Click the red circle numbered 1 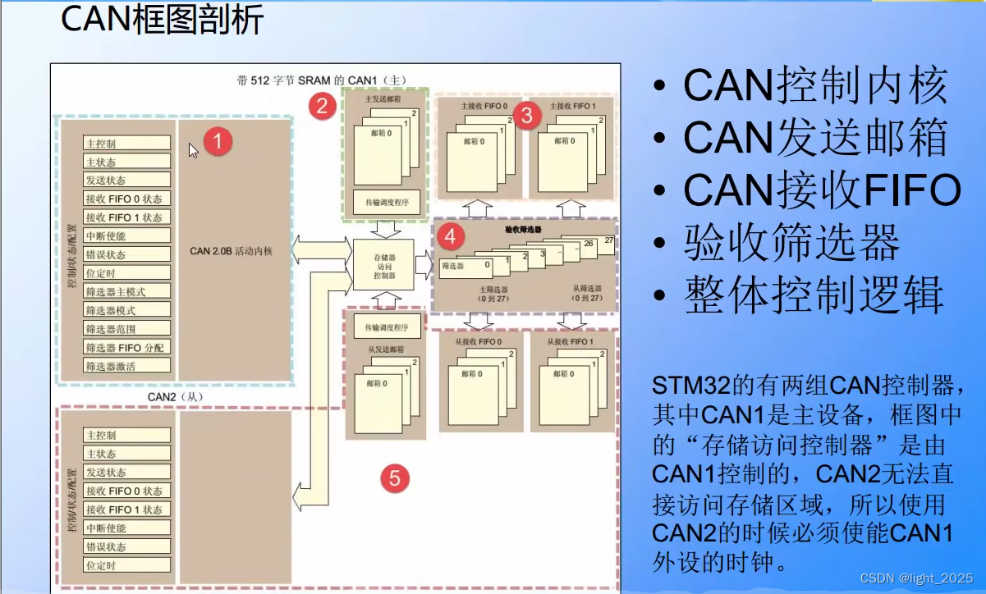pos(218,141)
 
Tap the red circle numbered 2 pos(323,104)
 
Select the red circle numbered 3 pos(527,116)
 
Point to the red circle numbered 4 pos(449,236)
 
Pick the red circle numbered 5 pos(395,477)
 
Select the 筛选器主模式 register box pos(127,291)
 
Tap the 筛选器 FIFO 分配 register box pos(127,347)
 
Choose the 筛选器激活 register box pos(127,366)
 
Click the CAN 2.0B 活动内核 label pos(231,250)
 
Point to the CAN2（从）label pos(175,397)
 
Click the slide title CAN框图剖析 pos(163,21)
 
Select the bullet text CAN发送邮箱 pos(815,137)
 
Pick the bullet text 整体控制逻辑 pos(814,295)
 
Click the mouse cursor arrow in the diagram pos(192,149)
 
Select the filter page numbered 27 pos(608,240)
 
